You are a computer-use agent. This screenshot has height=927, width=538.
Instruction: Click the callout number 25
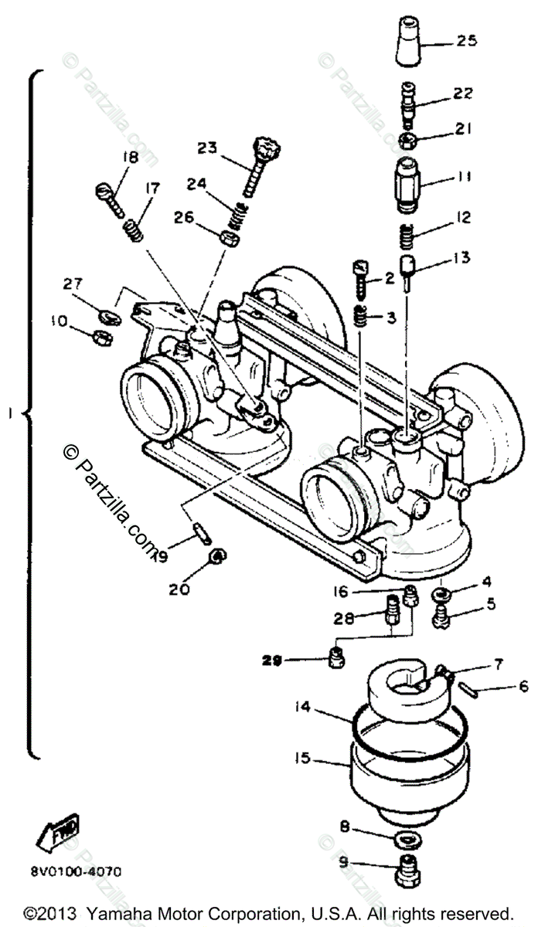click(468, 40)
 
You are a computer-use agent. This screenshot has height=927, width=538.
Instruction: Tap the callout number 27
click(72, 285)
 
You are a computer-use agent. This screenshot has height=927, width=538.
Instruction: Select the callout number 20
click(179, 589)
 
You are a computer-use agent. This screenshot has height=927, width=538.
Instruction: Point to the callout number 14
click(303, 705)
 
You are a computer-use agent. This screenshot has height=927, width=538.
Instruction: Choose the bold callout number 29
click(272, 660)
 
